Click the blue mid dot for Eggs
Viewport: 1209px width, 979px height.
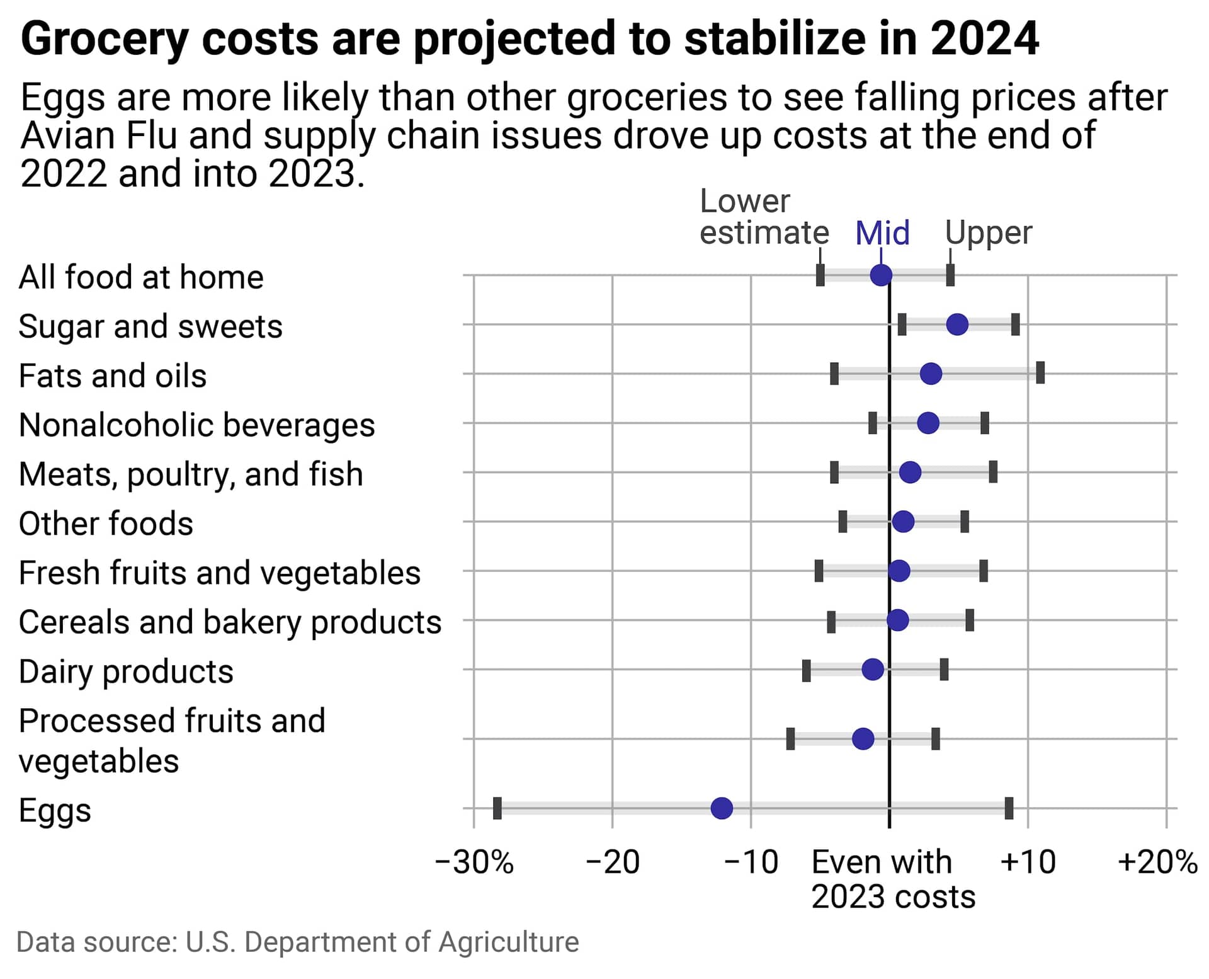tap(722, 808)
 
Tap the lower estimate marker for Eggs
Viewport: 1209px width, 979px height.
tap(497, 808)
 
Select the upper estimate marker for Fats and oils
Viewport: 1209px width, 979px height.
tap(1040, 373)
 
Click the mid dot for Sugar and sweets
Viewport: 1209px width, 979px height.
tap(957, 324)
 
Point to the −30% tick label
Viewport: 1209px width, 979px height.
tap(474, 862)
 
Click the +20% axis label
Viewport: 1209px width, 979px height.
tap(1157, 862)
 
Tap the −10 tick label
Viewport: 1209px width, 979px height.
tap(751, 862)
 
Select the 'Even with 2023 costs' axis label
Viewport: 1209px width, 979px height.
tap(892, 879)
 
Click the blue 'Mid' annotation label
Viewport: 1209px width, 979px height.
tap(882, 233)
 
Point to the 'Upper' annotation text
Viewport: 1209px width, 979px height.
tap(989, 233)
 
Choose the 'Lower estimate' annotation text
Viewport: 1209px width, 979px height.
tap(764, 217)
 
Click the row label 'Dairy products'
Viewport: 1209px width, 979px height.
tap(126, 672)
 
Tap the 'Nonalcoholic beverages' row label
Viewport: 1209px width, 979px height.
tap(196, 425)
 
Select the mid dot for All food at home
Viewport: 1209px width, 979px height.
tap(881, 275)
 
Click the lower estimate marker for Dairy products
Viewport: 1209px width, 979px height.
tap(807, 670)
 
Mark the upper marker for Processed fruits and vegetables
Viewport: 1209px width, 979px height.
tap(936, 738)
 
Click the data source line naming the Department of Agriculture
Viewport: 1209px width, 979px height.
tap(297, 942)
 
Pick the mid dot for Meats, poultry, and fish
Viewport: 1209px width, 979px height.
tap(910, 472)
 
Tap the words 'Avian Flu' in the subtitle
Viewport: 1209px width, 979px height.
tap(99, 136)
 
